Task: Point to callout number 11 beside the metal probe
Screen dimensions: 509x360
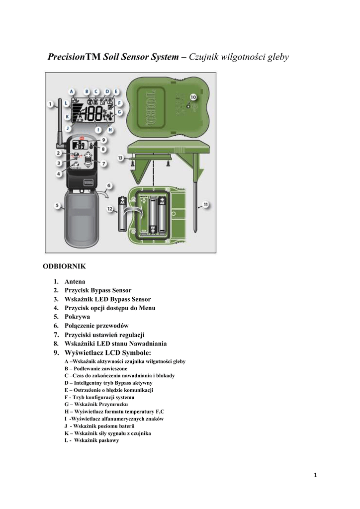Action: (205, 203)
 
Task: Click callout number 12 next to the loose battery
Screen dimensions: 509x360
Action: (111, 210)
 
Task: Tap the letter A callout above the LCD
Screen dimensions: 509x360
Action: (72, 91)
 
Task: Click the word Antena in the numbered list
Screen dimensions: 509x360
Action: (75, 281)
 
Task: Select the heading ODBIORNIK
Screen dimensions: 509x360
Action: (65, 266)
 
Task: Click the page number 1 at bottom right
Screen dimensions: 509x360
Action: (315, 475)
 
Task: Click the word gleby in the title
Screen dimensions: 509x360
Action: (278, 57)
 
